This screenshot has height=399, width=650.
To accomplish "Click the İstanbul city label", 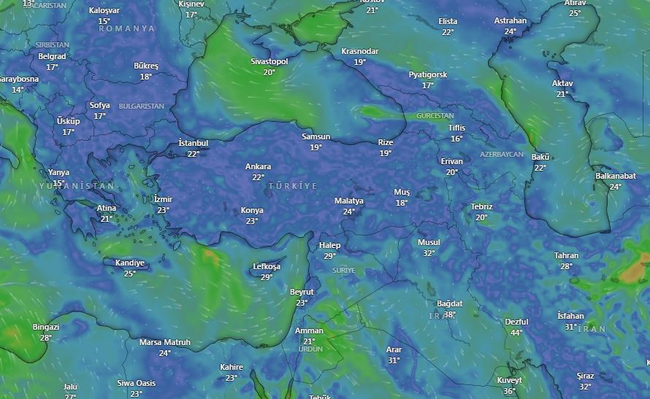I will click(194, 143).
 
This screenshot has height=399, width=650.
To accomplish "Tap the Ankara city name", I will click(258, 166).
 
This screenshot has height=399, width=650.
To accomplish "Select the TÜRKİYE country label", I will click(293, 186).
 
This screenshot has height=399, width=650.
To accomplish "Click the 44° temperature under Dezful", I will click(516, 332).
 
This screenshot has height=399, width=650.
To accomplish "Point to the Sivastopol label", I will click(269, 61).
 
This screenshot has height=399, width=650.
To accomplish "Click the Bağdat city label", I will click(450, 303).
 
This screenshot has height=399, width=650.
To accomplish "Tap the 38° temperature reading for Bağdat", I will click(450, 314).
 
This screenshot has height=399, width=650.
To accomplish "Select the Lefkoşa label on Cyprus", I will click(267, 266).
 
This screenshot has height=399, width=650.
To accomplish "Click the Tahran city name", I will click(566, 255).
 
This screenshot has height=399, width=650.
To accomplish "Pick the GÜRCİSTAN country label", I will click(435, 116).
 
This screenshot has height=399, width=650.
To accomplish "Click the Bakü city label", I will click(540, 157).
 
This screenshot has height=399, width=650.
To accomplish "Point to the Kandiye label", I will click(130, 263).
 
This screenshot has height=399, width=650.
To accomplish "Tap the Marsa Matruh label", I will click(165, 342).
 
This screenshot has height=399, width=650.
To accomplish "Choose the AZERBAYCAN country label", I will click(502, 155).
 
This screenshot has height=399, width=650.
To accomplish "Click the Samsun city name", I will click(316, 136).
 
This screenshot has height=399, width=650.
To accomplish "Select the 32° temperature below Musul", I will click(429, 253).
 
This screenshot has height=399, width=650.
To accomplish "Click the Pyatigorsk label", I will click(428, 74).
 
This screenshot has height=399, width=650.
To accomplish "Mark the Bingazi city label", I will click(46, 327).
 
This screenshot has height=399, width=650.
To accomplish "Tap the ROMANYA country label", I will click(127, 28).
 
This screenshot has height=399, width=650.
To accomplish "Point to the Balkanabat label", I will click(616, 176).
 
